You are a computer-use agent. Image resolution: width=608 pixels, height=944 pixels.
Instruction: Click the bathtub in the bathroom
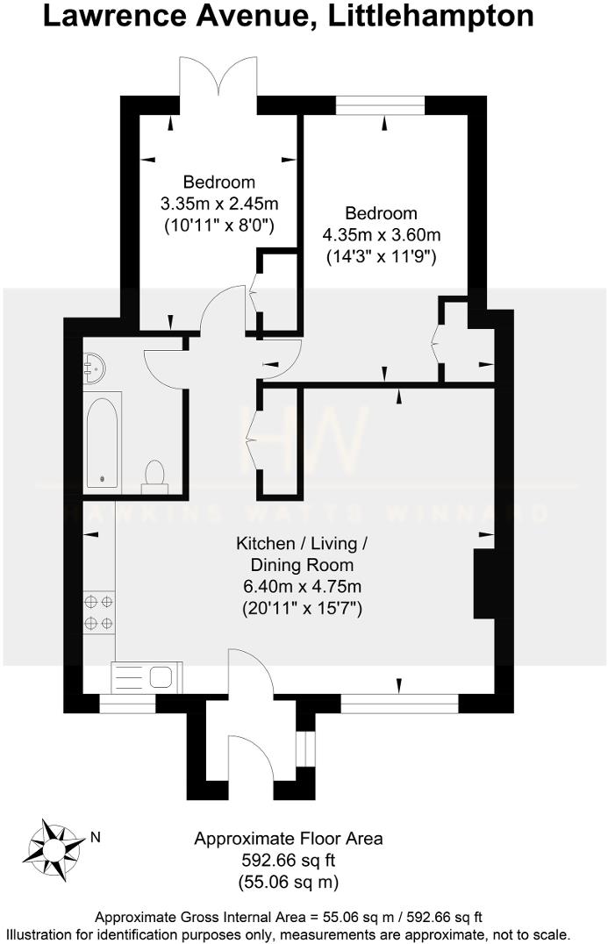[x=104, y=440]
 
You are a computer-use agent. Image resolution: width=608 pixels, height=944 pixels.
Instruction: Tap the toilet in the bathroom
[x=155, y=473]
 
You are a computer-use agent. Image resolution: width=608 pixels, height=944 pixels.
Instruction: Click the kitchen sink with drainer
[x=147, y=677]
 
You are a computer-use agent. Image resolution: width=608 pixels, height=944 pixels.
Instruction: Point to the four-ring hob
[x=98, y=612]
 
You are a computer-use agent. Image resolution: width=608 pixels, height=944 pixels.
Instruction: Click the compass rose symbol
[x=54, y=848]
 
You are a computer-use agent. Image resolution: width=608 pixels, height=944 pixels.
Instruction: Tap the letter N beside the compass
[x=96, y=837]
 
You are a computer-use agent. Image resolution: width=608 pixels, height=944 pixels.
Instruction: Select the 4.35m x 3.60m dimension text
[x=381, y=235]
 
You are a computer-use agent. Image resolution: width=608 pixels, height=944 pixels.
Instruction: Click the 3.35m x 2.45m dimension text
[x=218, y=204]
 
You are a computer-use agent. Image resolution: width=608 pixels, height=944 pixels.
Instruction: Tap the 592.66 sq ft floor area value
[x=288, y=860]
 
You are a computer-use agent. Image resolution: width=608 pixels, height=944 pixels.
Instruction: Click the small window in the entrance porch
[x=304, y=747]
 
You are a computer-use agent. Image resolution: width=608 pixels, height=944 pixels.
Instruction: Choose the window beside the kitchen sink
[x=127, y=703]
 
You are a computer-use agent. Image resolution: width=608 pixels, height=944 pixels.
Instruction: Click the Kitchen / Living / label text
[x=301, y=544]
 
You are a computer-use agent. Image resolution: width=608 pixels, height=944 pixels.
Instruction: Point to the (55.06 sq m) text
[x=288, y=881]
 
